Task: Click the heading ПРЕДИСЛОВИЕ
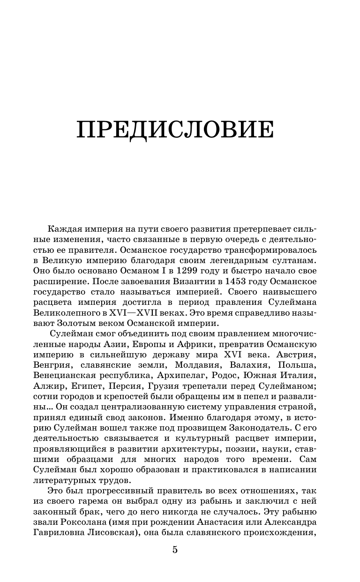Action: (174, 129)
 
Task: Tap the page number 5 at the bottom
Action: (175, 550)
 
